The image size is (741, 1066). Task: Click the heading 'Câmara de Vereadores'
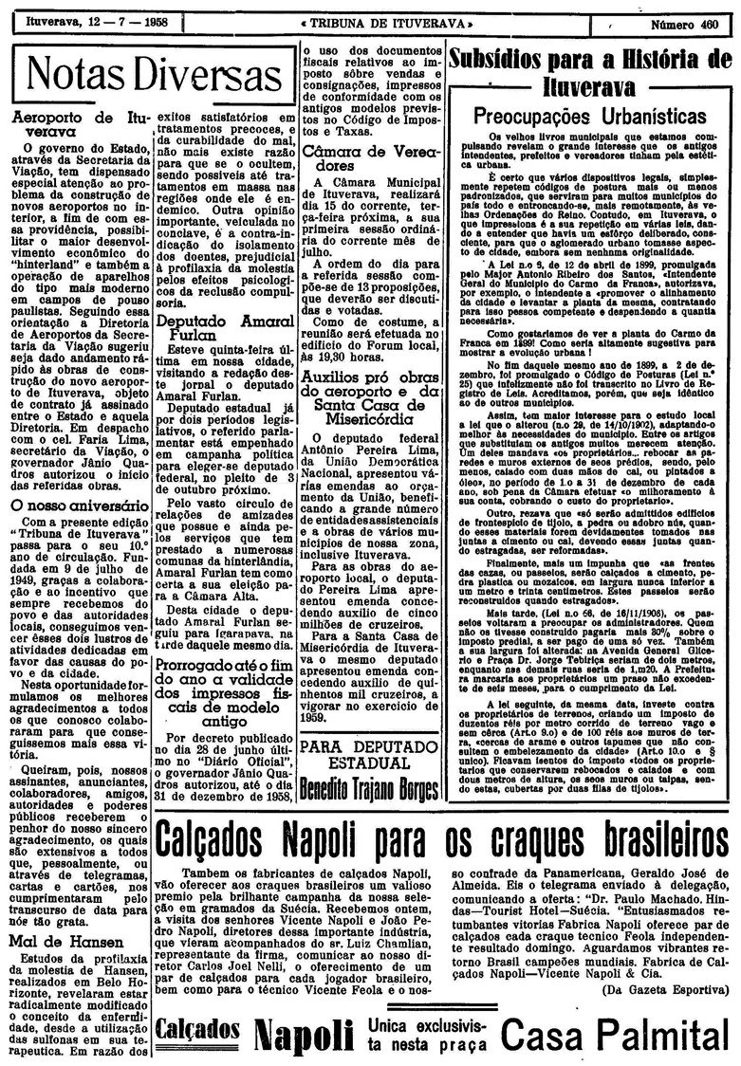370,157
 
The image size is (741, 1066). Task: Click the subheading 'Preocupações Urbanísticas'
590,116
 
